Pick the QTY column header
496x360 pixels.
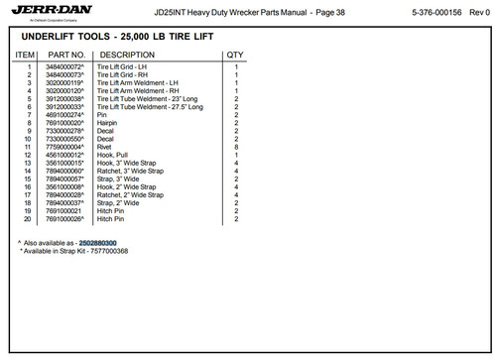tap(235, 55)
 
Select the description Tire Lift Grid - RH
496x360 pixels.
tap(123, 75)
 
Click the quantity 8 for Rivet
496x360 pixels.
tap(236, 147)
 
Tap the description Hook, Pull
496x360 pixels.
tap(113, 155)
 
